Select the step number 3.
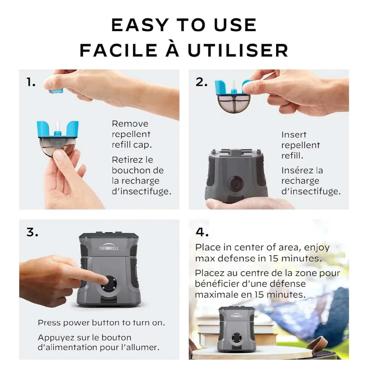(32, 232)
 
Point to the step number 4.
(202, 232)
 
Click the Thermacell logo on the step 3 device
(109, 248)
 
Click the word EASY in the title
(140, 25)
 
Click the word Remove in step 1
(130, 124)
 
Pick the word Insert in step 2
(294, 135)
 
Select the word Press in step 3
(49, 323)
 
